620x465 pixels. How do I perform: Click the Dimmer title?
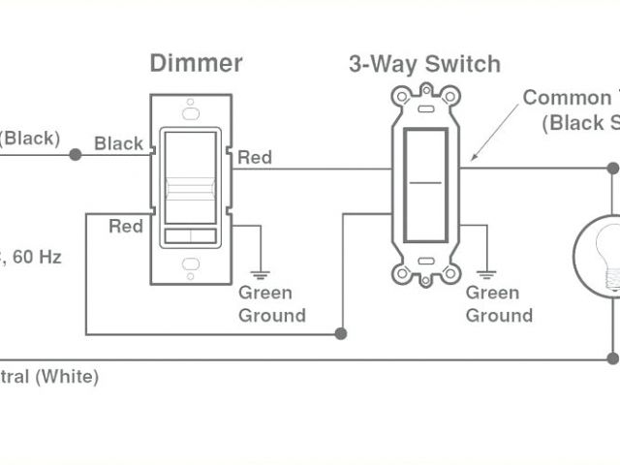point(196,64)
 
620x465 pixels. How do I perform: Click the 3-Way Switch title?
point(424,64)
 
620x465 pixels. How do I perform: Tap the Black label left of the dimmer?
point(118,143)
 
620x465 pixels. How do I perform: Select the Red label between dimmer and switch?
point(255,157)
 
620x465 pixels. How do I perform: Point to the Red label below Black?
point(126,226)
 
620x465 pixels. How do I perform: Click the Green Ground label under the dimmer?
point(271,304)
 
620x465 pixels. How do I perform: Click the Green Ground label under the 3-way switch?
point(499,304)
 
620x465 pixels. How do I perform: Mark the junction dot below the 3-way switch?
point(341,333)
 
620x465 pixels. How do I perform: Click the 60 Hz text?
point(39,257)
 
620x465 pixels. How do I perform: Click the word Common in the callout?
point(558,98)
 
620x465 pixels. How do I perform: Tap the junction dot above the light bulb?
point(612,168)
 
